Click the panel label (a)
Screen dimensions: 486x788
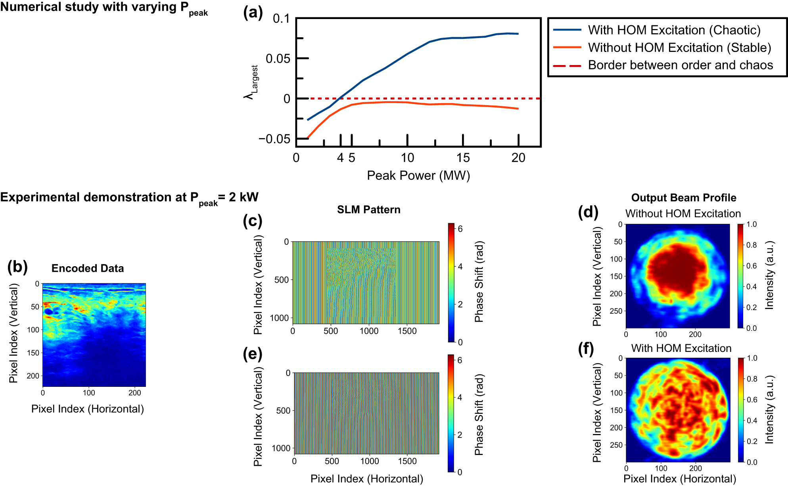click(x=253, y=13)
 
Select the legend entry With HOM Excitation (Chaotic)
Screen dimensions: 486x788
click(x=674, y=30)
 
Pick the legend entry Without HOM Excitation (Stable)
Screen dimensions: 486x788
click(x=679, y=48)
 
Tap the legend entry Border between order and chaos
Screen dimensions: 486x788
click(x=680, y=65)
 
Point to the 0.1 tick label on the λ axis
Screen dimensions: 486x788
click(x=281, y=19)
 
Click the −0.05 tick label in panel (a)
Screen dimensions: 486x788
click(x=274, y=139)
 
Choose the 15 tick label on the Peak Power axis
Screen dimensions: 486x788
click(x=463, y=158)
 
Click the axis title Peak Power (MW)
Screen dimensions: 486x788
click(x=418, y=175)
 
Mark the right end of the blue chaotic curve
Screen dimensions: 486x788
click(x=518, y=34)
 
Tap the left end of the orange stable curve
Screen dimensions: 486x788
click(x=308, y=138)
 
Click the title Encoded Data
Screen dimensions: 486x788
click(x=88, y=269)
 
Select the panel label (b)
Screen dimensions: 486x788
click(x=17, y=267)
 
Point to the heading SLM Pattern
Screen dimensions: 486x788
click(x=368, y=210)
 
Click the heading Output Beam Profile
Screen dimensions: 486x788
click(x=683, y=198)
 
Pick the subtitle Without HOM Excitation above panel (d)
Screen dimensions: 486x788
click(x=683, y=214)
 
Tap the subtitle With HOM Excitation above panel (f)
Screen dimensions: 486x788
click(x=681, y=348)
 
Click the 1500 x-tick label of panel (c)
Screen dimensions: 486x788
click(x=407, y=331)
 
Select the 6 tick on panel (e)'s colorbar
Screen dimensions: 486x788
click(x=460, y=360)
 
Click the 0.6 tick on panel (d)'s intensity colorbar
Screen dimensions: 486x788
click(x=751, y=266)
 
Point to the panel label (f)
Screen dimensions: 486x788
click(x=586, y=349)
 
